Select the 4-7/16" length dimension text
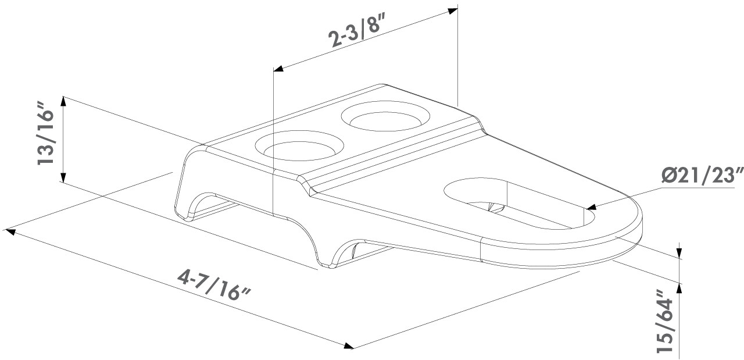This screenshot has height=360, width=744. pos(213,284)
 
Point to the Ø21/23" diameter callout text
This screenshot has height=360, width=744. pos(702,175)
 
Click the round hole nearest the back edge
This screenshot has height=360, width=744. pos(385,118)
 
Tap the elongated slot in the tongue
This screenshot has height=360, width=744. pos(520,204)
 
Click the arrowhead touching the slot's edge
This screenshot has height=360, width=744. pos(592,207)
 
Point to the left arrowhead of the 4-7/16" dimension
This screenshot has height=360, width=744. pos(10,231)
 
